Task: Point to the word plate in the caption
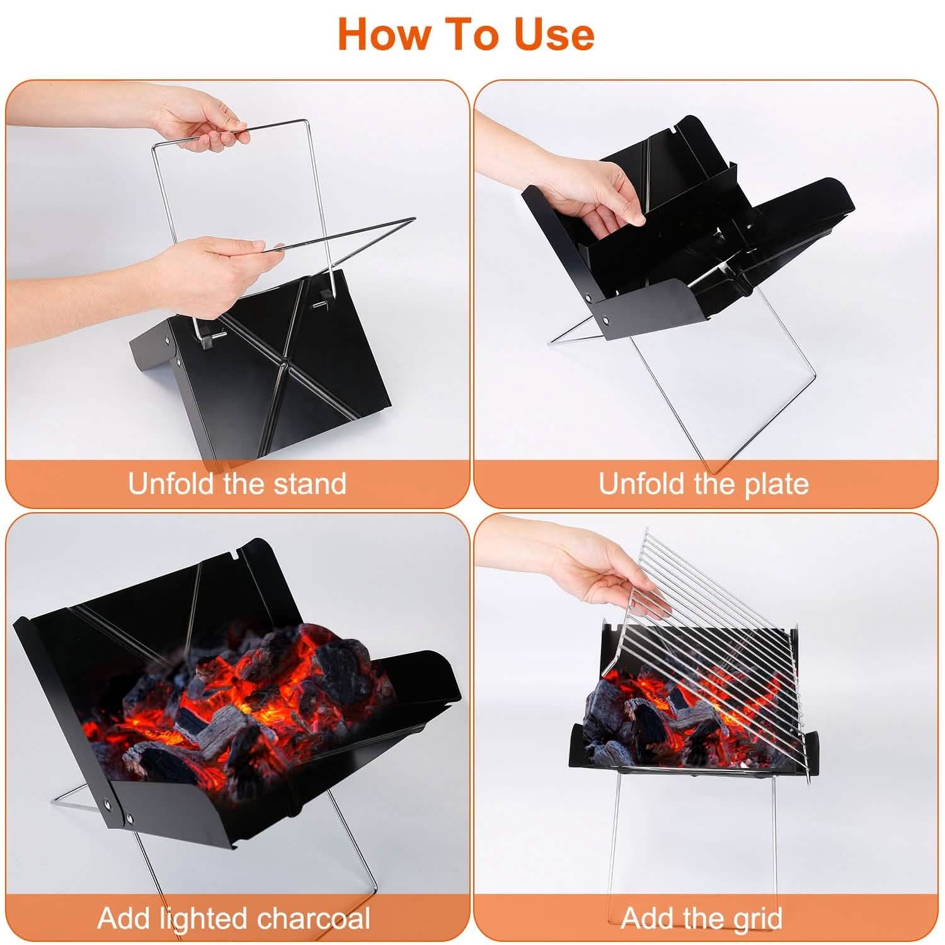(x=774, y=484)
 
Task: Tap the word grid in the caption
(x=756, y=918)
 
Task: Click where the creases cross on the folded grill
(x=285, y=364)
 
